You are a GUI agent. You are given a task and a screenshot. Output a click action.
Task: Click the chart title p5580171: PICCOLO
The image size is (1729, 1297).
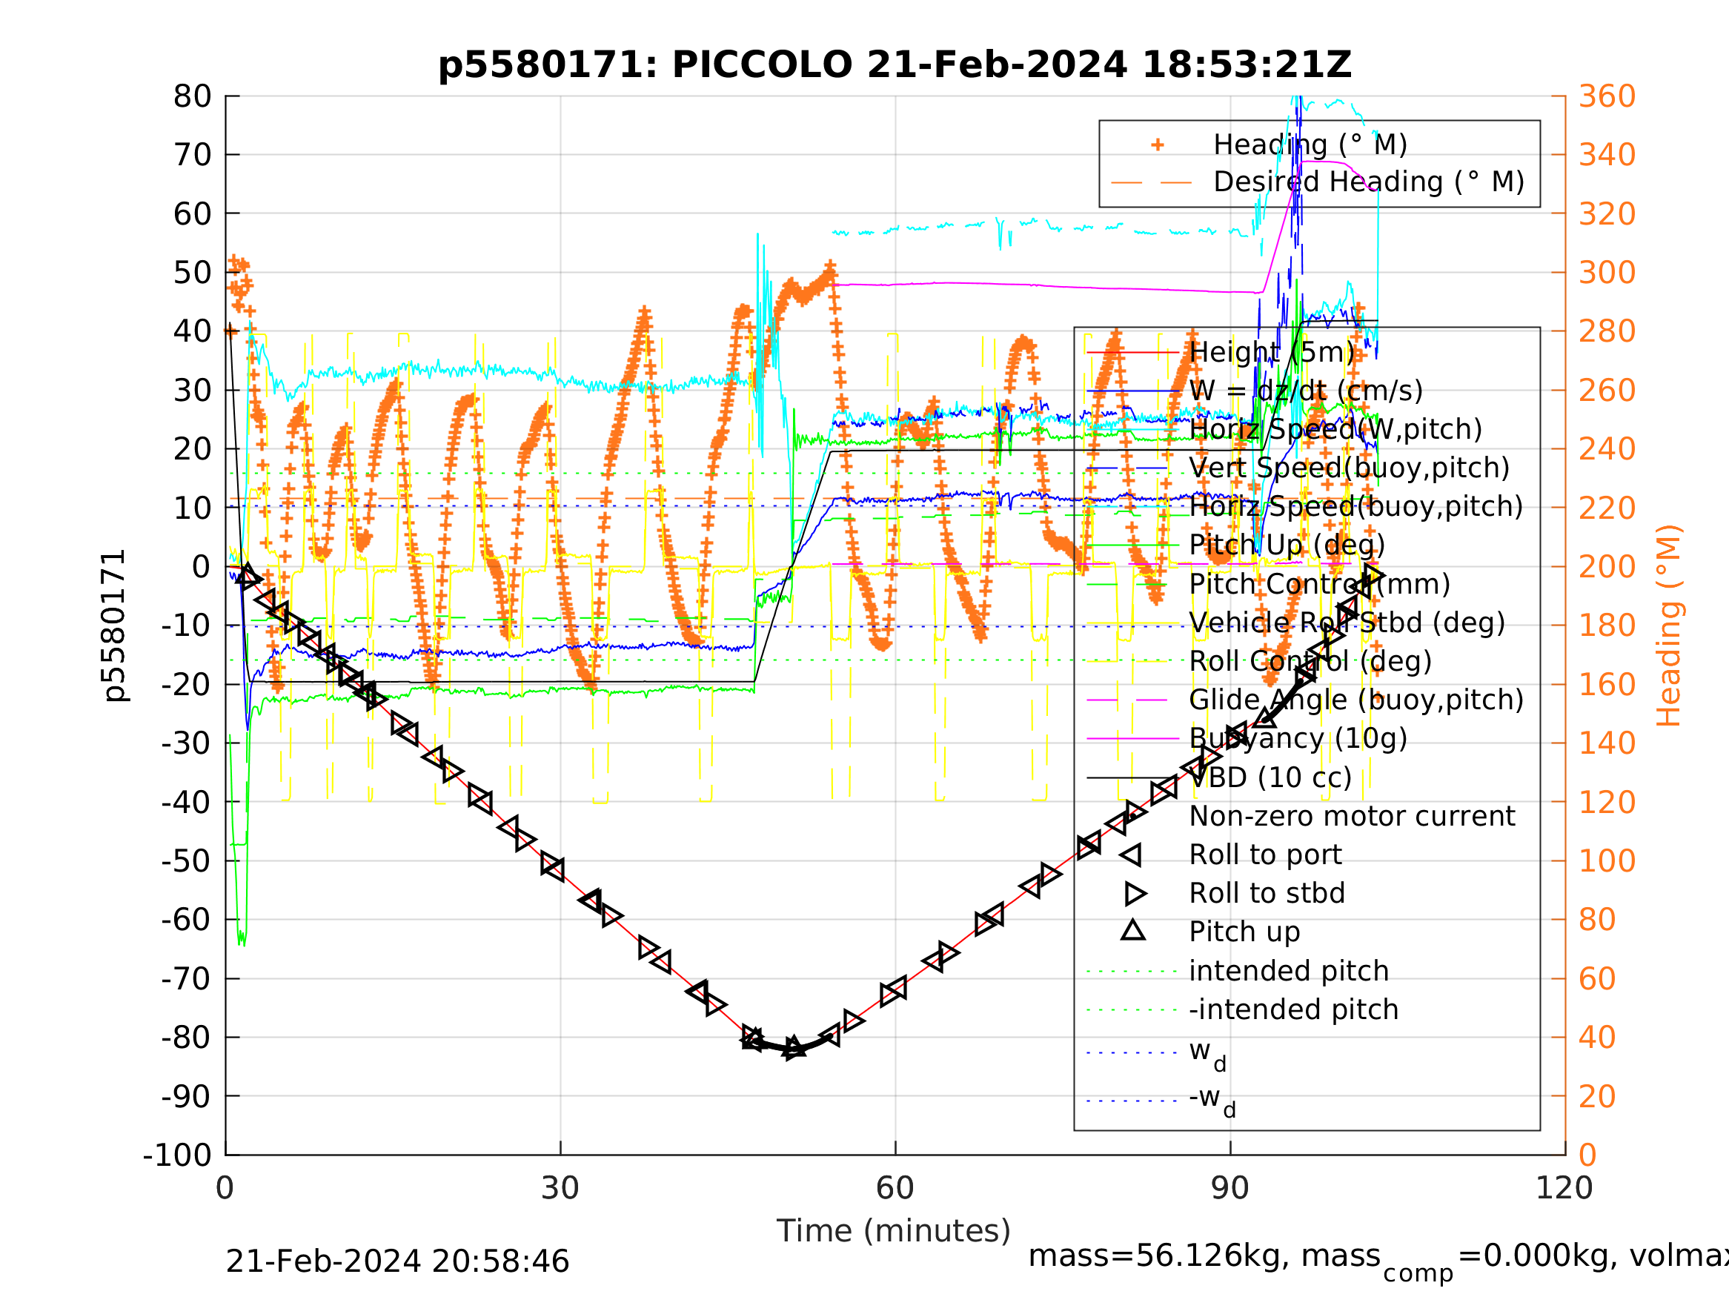pos(895,65)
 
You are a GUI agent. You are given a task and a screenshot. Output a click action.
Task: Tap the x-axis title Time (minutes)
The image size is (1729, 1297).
pos(894,1230)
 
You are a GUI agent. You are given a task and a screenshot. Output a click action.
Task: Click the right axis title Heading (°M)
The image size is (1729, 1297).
pos(1668,626)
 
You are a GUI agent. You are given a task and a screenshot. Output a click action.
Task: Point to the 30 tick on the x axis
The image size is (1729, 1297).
pos(560,1188)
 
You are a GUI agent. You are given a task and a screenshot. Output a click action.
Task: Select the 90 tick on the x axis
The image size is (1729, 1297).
pos(1229,1188)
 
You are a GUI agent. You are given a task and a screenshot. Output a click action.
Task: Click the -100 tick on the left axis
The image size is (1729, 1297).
pos(176,1155)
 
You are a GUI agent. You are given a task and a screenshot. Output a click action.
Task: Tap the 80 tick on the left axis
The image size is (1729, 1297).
pos(192,97)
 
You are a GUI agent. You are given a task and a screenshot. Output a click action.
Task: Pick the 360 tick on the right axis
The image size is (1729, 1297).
pos(1607,97)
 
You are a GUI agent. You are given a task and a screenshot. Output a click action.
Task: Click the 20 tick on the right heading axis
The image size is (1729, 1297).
pos(1598,1096)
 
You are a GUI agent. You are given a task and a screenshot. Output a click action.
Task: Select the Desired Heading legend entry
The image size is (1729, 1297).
pos(1368,182)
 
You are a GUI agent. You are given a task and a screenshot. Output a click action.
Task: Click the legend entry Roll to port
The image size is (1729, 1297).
pos(1265,855)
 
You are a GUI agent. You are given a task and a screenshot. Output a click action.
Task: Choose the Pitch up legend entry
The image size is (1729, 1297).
pos(1244,932)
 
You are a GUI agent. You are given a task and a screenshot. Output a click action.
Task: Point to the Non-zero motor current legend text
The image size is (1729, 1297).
pos(1352,816)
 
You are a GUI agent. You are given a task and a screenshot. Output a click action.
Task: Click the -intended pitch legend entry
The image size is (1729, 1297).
pos(1292,1009)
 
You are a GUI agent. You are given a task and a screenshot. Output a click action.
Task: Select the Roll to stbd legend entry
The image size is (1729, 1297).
pos(1267,893)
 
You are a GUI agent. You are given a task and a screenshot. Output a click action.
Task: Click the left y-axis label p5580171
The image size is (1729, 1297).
pos(115,626)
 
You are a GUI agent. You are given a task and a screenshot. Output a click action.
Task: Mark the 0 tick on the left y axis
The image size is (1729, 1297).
pos(201,567)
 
